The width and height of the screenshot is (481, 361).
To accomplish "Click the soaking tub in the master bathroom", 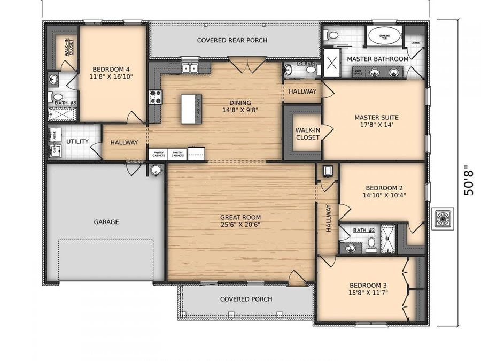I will click(x=384, y=36).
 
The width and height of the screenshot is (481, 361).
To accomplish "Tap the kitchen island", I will click(x=191, y=109).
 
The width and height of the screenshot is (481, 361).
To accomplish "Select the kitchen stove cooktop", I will click(x=156, y=97).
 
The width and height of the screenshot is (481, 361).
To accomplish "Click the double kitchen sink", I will click(x=189, y=68).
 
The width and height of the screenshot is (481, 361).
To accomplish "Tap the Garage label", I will click(x=106, y=221).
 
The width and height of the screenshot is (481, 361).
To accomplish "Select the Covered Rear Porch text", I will click(x=232, y=40).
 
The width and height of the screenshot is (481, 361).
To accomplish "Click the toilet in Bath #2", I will click(x=371, y=242).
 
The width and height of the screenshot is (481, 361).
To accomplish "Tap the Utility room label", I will click(x=77, y=142).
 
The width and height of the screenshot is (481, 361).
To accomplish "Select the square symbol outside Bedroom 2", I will click(x=443, y=218).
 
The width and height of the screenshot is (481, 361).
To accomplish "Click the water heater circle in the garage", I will click(x=156, y=171).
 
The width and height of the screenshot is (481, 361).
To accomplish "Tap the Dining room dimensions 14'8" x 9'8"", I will click(x=240, y=111).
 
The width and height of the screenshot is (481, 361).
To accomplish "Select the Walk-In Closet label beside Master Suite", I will click(x=307, y=133).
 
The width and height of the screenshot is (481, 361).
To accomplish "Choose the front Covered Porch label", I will click(x=246, y=299).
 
